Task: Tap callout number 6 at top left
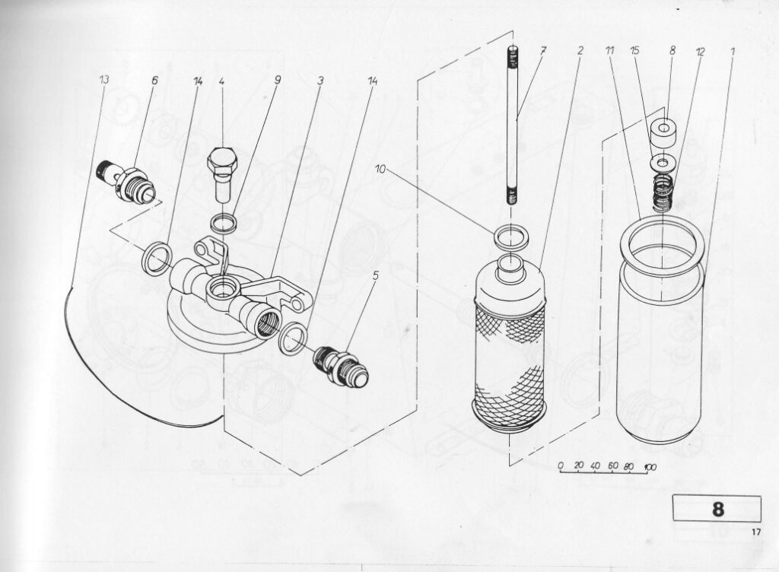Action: [154, 80]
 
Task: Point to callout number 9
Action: [278, 79]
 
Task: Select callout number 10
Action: [380, 170]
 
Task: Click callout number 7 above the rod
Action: [543, 50]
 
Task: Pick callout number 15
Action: [634, 50]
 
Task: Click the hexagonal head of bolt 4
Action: [222, 159]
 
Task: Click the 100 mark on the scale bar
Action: [650, 467]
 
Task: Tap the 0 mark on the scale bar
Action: [561, 466]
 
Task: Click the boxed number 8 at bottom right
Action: [718, 510]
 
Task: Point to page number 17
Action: [756, 532]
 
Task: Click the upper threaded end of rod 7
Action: [512, 56]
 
